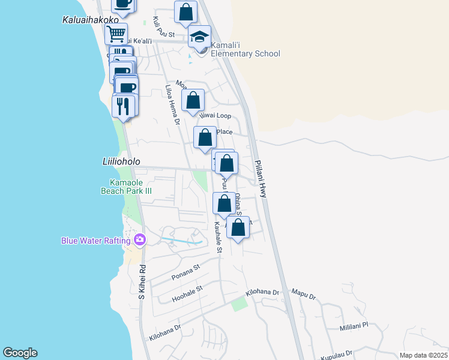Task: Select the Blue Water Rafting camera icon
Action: coord(140,240)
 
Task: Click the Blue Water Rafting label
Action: coord(96,241)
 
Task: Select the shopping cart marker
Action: coord(116,33)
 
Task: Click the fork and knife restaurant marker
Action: coord(123,106)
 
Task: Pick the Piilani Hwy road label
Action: coord(261,179)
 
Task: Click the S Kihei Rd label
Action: coord(142,282)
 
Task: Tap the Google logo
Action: coord(20,353)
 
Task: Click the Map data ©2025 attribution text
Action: coord(423,355)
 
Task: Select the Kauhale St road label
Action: coord(218,237)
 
